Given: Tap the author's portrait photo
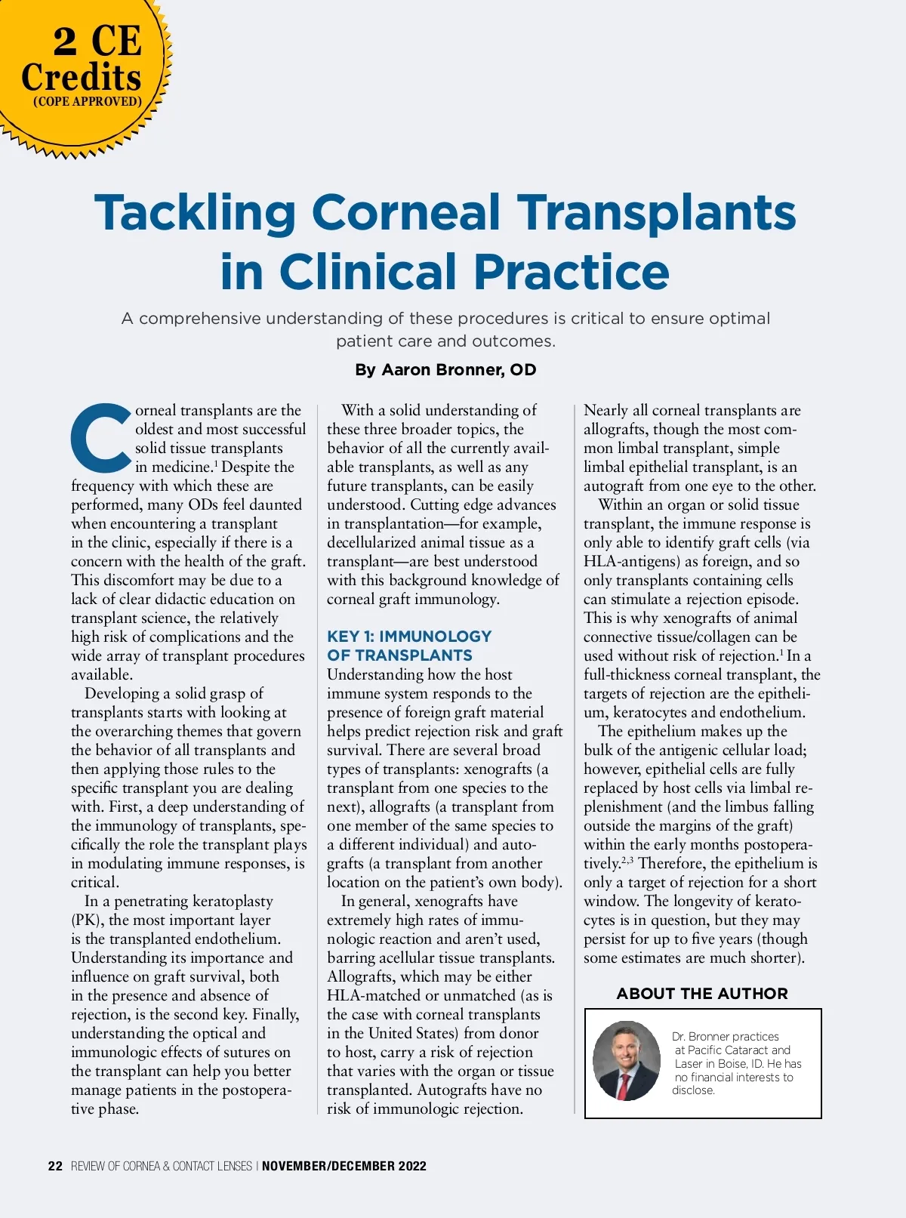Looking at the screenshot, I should tap(626, 1060).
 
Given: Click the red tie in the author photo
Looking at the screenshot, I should tap(624, 1085).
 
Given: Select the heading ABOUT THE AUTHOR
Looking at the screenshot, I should tap(702, 994).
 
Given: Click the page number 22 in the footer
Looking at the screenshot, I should tap(55, 1166).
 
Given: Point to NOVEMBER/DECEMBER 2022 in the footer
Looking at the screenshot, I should tap(344, 1166).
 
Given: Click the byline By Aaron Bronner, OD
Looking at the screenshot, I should tap(445, 370).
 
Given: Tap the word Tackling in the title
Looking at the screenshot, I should tap(195, 213).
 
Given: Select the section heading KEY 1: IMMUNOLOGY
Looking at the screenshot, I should tap(409, 637).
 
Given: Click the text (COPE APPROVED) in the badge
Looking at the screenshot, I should tap(88, 101).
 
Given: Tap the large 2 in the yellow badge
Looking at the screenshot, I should tap(65, 42).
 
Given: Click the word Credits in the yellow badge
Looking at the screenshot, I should tap(82, 77).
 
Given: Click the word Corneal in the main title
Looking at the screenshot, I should tap(406, 213).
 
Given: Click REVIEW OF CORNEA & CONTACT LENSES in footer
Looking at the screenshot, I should tap(162, 1166).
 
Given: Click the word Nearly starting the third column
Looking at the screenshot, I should tap(606, 411).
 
